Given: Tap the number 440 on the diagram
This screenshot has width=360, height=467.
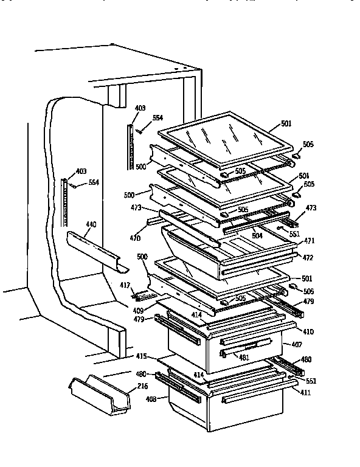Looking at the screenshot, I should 91,225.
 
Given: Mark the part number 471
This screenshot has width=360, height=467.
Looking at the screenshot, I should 308,241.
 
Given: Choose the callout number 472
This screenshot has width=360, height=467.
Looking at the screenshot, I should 308,257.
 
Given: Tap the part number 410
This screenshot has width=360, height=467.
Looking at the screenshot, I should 308,333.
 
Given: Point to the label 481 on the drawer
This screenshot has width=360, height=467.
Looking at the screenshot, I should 244,357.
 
